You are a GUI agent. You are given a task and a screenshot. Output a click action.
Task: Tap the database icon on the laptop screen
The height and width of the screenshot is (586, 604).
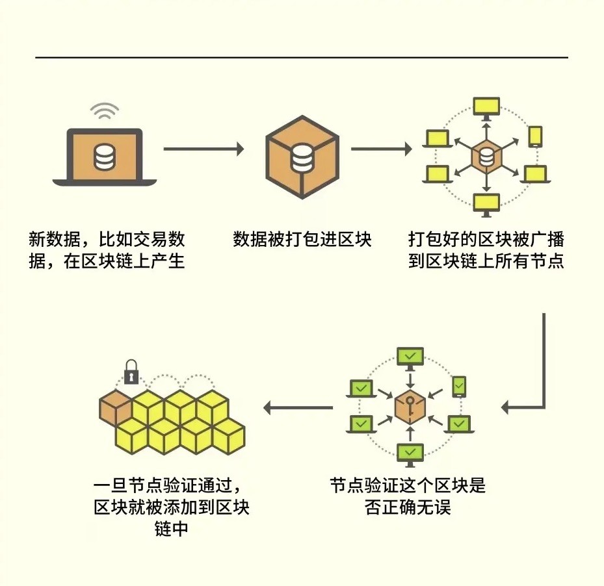[x=105, y=157]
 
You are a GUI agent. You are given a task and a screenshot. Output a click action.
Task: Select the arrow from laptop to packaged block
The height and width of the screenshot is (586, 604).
[x=204, y=149]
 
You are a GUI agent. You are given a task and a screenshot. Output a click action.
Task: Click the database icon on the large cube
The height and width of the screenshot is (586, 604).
[x=302, y=157]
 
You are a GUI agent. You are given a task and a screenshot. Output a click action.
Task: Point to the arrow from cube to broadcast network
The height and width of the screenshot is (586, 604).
[x=382, y=149]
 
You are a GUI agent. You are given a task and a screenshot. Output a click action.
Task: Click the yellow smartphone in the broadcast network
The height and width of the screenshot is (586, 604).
[x=536, y=136]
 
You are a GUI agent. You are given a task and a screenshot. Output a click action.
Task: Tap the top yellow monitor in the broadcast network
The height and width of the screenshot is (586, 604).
[x=486, y=107]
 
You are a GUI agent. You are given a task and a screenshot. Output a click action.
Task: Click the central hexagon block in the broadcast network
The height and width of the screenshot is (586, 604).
[x=486, y=156]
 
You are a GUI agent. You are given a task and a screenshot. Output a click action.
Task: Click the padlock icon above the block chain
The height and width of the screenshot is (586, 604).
[x=131, y=372]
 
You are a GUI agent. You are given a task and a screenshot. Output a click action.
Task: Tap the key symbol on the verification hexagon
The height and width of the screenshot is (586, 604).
[x=410, y=405]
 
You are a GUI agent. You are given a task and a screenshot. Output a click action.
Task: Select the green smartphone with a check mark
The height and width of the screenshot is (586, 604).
[x=459, y=387]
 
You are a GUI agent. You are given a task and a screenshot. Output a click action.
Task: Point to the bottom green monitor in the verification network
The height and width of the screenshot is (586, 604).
[x=410, y=454]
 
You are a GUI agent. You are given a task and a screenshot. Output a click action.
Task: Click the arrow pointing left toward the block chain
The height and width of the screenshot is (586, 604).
[x=298, y=407]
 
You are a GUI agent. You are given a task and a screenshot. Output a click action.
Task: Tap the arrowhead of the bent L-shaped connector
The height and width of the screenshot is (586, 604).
[x=505, y=407]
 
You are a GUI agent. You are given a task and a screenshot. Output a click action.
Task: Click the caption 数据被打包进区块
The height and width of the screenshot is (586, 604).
[x=302, y=239]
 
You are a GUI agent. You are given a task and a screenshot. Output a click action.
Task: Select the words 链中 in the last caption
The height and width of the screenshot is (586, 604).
[x=172, y=528]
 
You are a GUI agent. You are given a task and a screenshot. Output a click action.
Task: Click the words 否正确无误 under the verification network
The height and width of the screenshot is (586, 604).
[x=408, y=507]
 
